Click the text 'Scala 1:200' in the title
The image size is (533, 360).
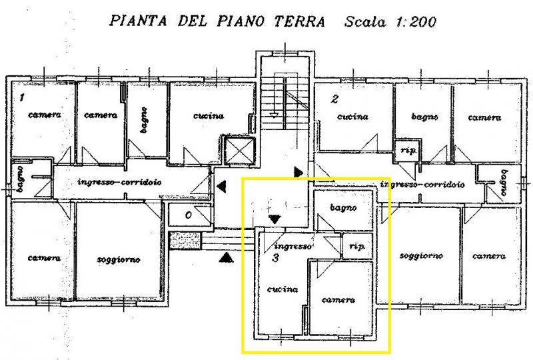pos(390,22)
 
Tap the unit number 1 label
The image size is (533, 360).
pos(21,98)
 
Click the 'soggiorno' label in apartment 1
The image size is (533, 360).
pos(119,259)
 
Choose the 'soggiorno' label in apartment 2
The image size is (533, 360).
pos(420,256)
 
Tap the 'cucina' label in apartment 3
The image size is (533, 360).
pos(282,289)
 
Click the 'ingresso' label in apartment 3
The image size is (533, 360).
pos(290,245)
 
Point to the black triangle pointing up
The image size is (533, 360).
pos(227,257)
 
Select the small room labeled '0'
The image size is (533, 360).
pos(188,215)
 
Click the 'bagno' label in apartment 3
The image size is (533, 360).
pos(343,208)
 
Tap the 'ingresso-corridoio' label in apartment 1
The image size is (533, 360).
pos(120,182)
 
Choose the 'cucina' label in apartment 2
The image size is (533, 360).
pos(352,117)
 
